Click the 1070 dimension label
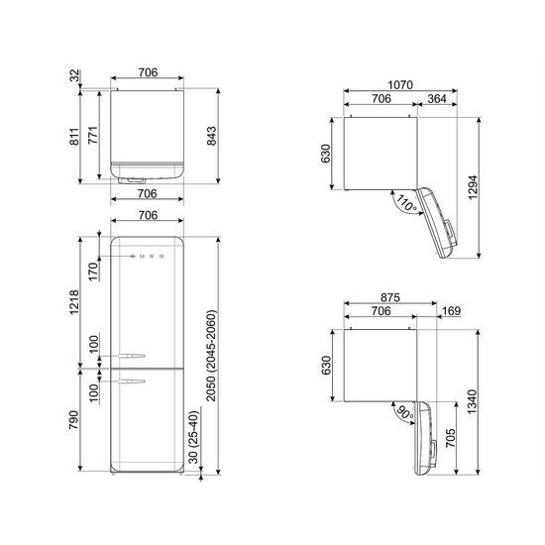tap(400, 85)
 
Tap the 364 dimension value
tap(437, 99)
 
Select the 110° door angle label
tap(406, 203)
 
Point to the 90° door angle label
tap(405, 412)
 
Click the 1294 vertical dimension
tap(473, 187)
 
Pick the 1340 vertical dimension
tap(473, 401)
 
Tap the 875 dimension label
tap(390, 297)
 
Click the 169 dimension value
tap(452, 311)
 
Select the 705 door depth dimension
tap(451, 438)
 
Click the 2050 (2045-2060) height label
tap(211, 354)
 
